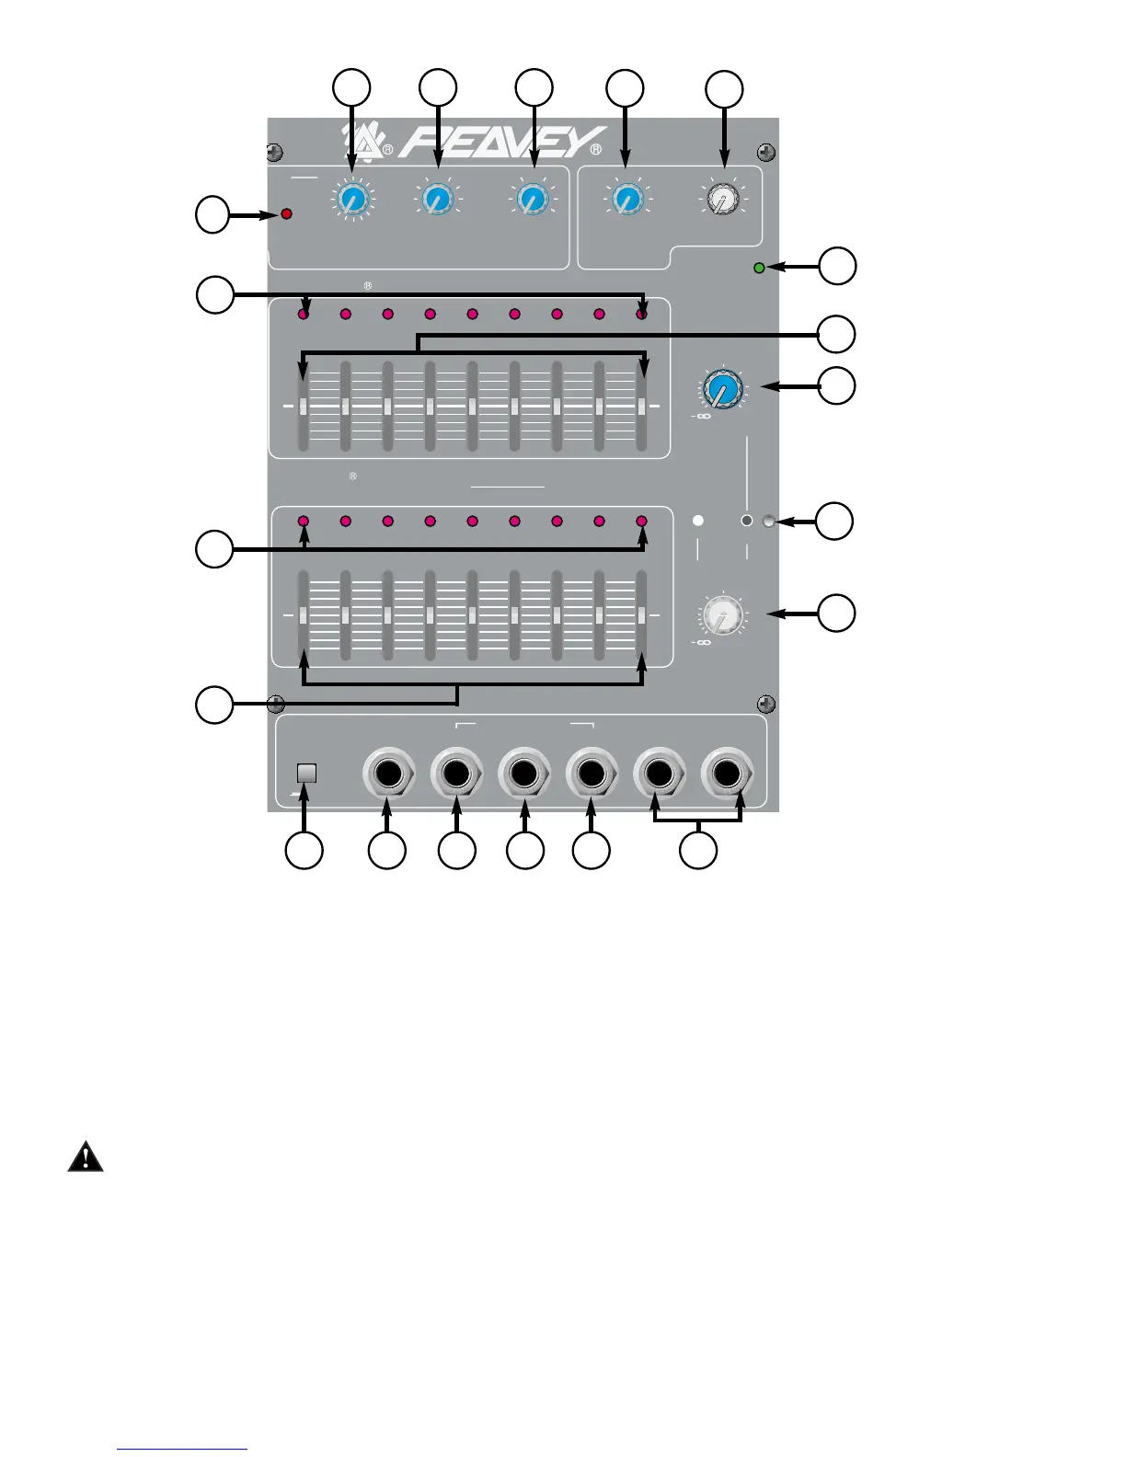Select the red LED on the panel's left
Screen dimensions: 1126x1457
coord(286,214)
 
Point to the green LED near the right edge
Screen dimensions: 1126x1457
coord(759,268)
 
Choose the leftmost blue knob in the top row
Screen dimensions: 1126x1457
coord(351,200)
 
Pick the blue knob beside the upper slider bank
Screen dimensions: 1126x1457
coord(723,390)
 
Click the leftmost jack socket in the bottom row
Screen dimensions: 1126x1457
coord(388,773)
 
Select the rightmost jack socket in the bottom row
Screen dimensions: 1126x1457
coord(728,773)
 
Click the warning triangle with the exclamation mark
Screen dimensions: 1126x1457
coord(86,1156)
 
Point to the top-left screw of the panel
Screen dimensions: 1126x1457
coord(274,152)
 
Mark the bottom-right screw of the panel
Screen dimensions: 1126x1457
coord(765,705)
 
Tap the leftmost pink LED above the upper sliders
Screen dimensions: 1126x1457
coord(304,315)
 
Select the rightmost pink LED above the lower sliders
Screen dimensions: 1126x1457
coord(642,522)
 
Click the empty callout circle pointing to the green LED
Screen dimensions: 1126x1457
coord(837,266)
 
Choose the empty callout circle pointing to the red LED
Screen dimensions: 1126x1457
coord(213,214)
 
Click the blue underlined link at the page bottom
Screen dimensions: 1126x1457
coord(182,1450)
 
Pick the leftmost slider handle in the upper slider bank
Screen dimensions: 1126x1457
coord(304,407)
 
